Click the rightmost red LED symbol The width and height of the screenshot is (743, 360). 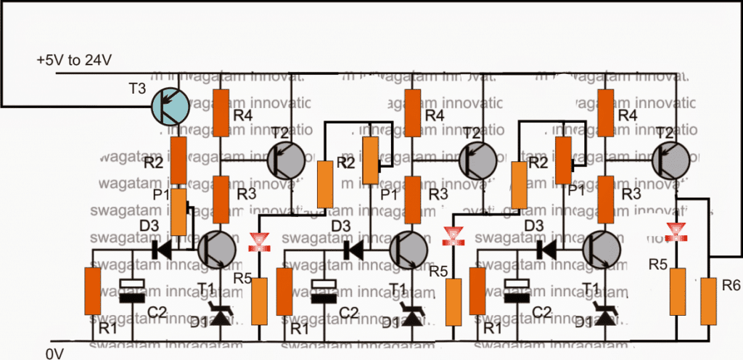676,233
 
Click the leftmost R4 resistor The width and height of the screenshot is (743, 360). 221,112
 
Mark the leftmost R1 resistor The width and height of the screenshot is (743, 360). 92,290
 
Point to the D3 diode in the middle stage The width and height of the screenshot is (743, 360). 353,249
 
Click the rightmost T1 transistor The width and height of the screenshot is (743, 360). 604,249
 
